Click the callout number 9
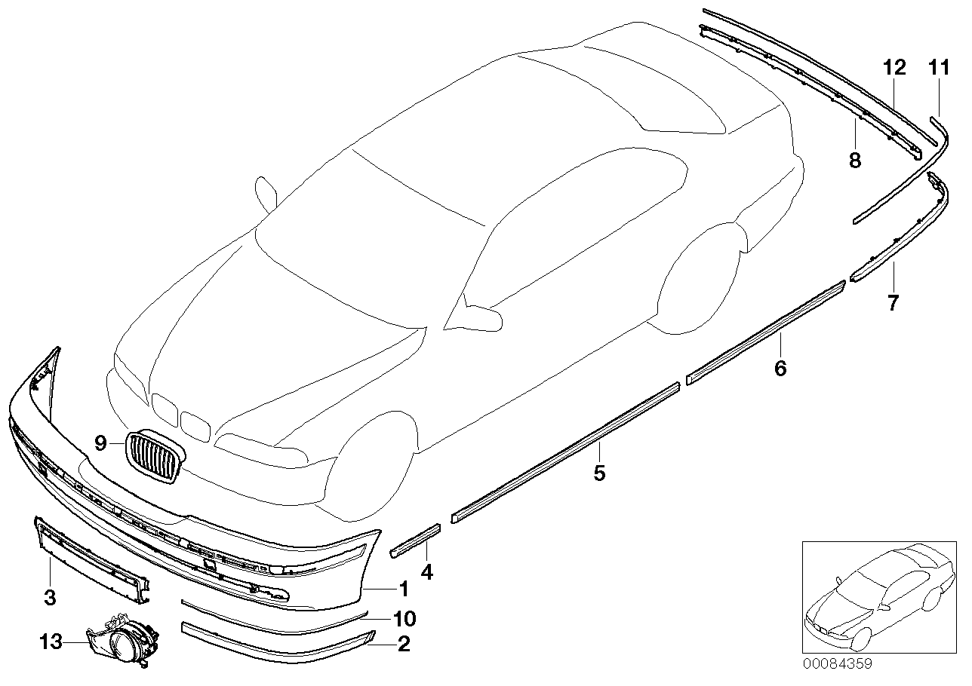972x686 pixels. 101,443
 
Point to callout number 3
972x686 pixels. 50,598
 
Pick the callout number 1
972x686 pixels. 404,587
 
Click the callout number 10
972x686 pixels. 404,619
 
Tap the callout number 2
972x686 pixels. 404,645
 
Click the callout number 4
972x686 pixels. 427,572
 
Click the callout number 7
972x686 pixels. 893,303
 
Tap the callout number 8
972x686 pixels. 854,160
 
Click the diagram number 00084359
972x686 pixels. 837,664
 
